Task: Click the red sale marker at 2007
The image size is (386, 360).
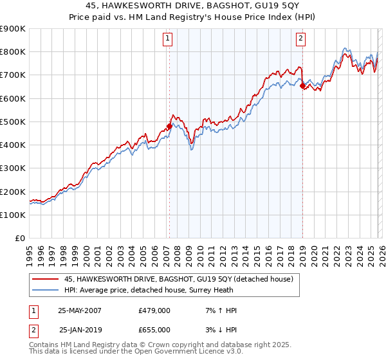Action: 169,127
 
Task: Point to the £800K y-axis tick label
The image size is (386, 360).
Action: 12,52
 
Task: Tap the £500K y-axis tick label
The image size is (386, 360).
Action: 12,122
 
